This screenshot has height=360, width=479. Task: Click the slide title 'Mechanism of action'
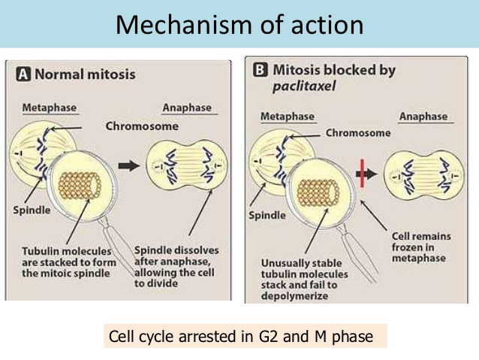(239, 24)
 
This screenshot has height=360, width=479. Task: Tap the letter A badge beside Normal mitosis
(23, 75)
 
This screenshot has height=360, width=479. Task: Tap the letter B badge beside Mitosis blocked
(261, 71)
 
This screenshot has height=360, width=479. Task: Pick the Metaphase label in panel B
(286, 116)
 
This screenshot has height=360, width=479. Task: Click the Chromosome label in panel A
(142, 126)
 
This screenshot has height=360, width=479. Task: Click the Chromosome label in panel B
(358, 132)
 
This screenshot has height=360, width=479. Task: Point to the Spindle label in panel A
(32, 209)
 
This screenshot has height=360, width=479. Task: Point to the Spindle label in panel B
(267, 215)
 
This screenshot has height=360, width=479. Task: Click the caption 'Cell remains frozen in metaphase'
(421, 247)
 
